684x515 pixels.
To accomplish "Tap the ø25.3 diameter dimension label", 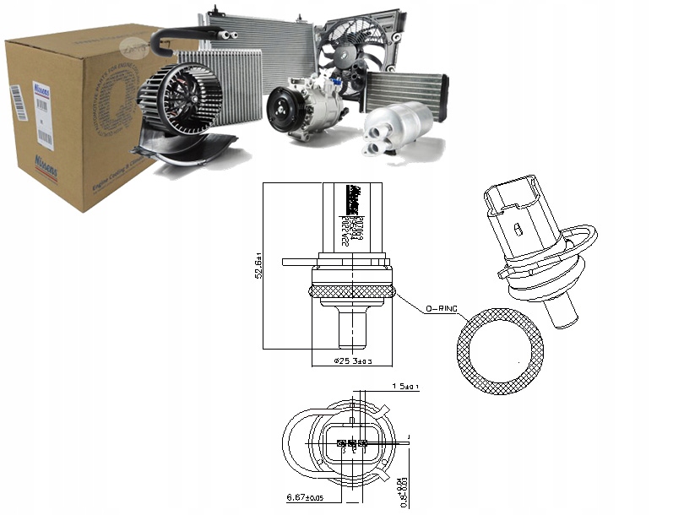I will coord(353,361).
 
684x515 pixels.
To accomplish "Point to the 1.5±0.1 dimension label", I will coord(406,387).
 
